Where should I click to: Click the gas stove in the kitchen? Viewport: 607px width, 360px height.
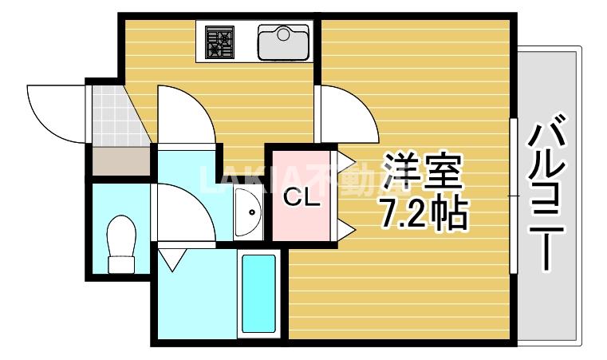coord(219,42)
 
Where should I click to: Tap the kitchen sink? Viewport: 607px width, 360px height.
coord(283,42)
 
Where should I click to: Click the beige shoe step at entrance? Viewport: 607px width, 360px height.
coord(120,163)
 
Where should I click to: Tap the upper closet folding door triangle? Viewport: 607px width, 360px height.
coord(346,160)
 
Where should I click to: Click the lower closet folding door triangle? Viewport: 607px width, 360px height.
coord(346,231)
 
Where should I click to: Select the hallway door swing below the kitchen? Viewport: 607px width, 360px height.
coord(184,116)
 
